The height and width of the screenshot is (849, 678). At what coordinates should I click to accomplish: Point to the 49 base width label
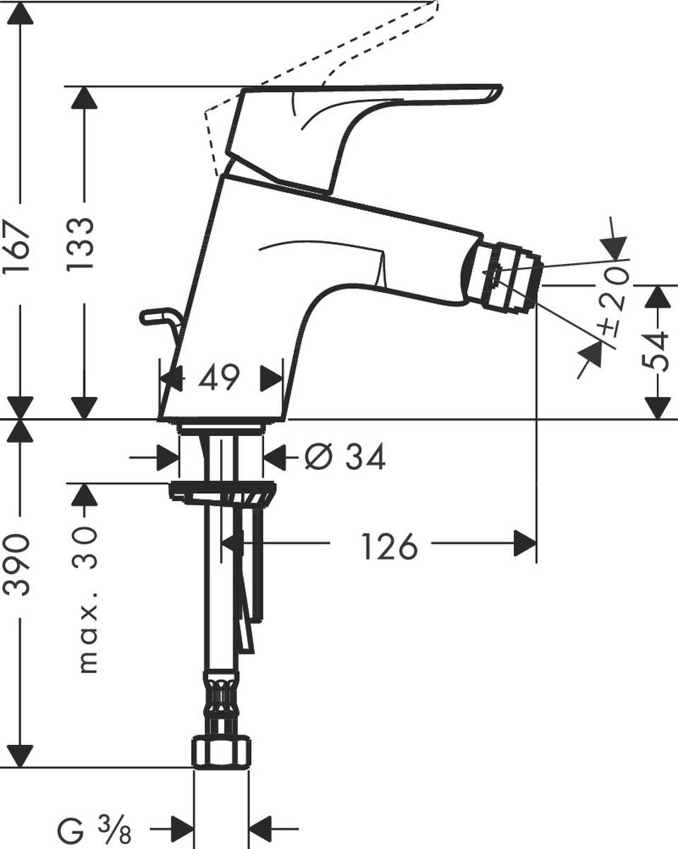point(218,379)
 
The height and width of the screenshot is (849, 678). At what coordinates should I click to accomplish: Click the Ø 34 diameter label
point(345,458)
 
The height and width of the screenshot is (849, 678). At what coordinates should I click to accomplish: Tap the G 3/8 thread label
point(95,826)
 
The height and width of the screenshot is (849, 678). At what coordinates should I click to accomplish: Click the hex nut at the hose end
point(222,753)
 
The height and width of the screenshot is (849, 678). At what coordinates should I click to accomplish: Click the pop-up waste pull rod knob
point(154,316)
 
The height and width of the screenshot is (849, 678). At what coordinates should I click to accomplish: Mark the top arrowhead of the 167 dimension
point(20,13)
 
